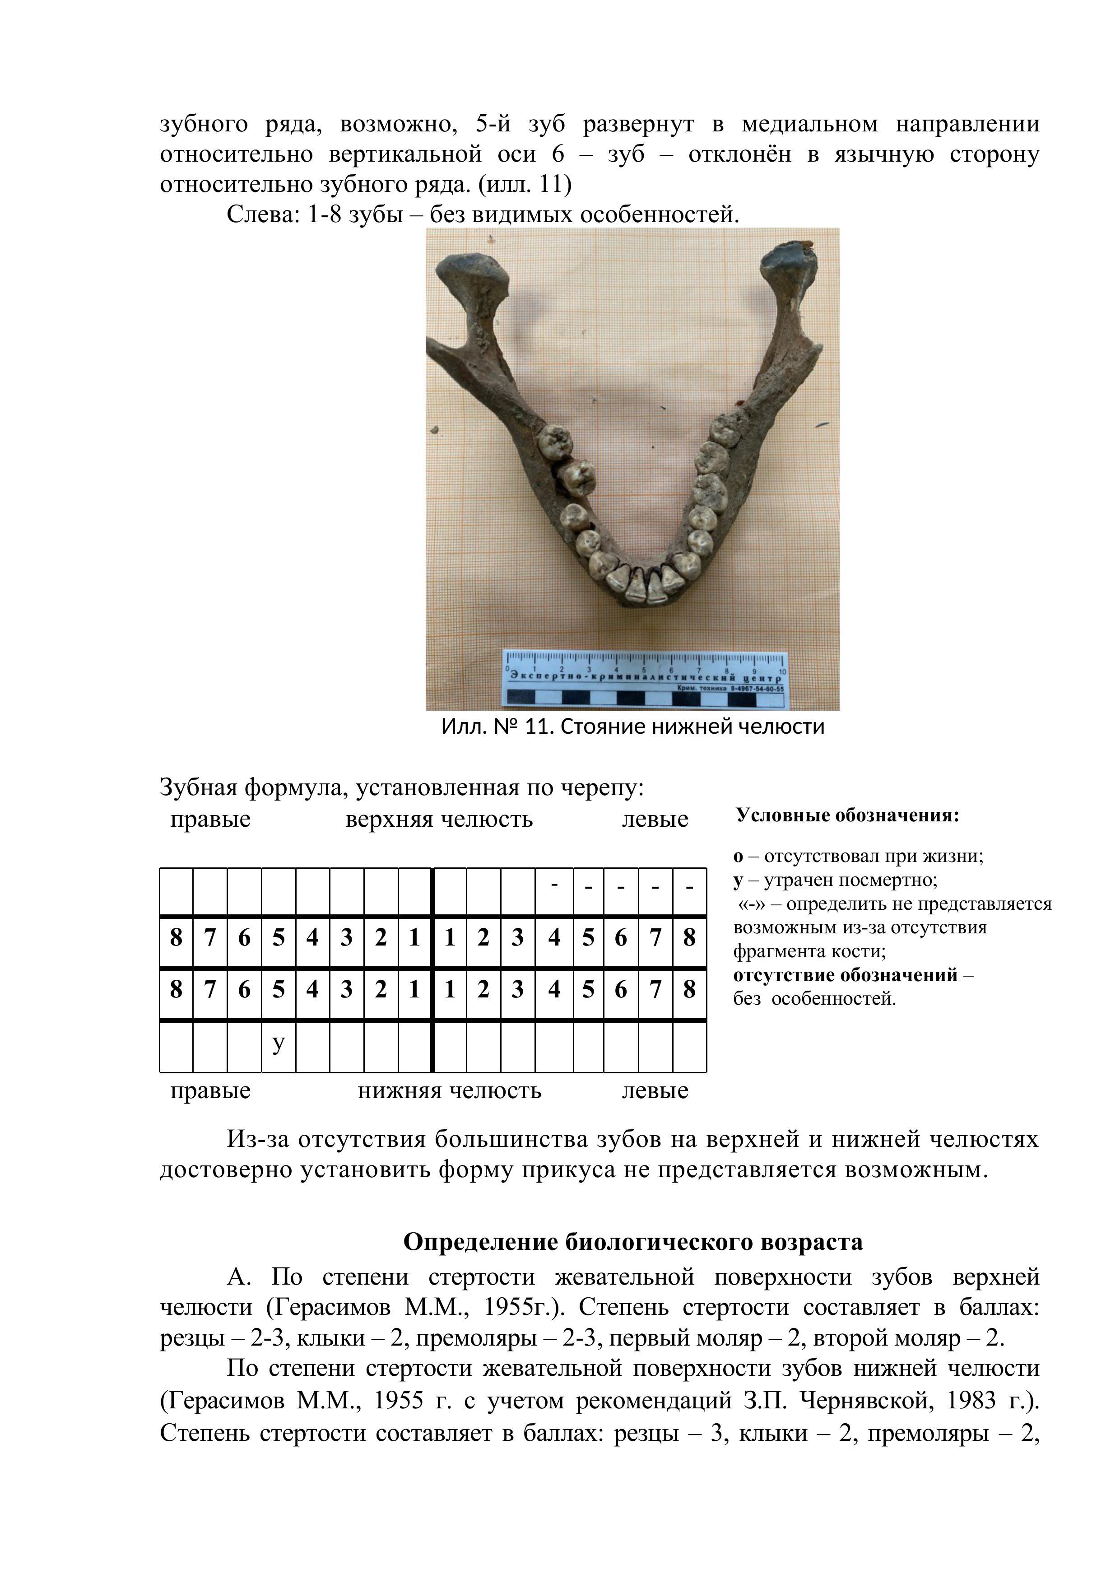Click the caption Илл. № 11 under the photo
coord(632,727)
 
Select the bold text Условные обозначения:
coord(848,815)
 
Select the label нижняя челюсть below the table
coord(449,1091)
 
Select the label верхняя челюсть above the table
coord(439,819)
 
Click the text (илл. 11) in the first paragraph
coord(524,184)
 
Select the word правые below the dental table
coord(210,1091)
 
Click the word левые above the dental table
coord(655,819)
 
